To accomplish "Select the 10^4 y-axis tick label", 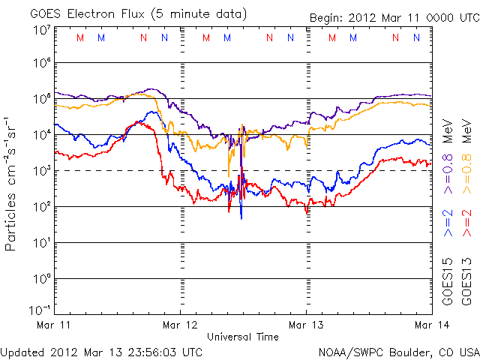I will point(40,134).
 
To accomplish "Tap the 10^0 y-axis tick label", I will point(40,278).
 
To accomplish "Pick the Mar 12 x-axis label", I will point(181,325).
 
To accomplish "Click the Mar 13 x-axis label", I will point(306,325).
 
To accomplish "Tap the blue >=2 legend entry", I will point(448,223).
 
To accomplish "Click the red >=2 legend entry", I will point(467,223).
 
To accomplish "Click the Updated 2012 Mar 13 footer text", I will point(101,351).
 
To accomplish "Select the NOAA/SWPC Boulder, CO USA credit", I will point(398,351).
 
